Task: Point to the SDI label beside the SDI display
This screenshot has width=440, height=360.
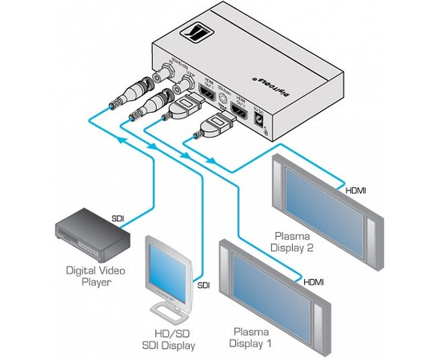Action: point(204,285)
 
